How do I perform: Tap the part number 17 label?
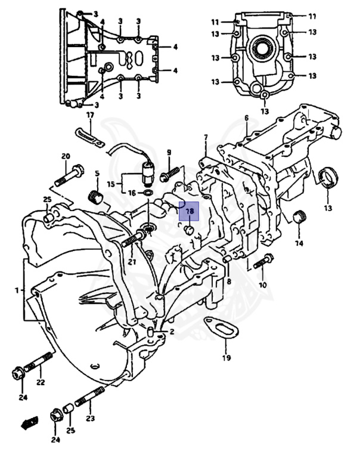(x=90, y=115)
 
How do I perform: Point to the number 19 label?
(x=226, y=358)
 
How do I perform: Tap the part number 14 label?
(x=299, y=243)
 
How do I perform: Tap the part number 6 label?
(x=246, y=117)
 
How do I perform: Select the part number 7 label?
(x=206, y=138)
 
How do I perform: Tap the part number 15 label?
(x=111, y=183)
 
